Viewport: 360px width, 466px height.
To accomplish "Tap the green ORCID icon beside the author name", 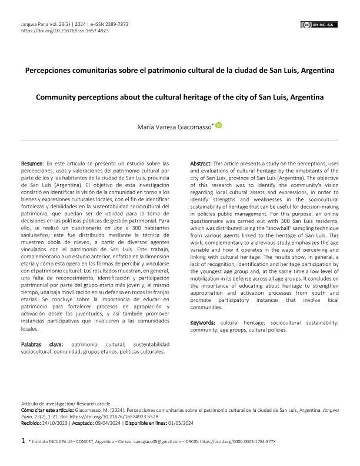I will [219, 125].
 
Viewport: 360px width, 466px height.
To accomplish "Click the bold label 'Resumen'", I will [32, 162].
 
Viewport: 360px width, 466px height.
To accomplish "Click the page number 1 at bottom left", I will [23, 440].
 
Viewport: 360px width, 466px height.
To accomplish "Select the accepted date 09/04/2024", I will [108, 422].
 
